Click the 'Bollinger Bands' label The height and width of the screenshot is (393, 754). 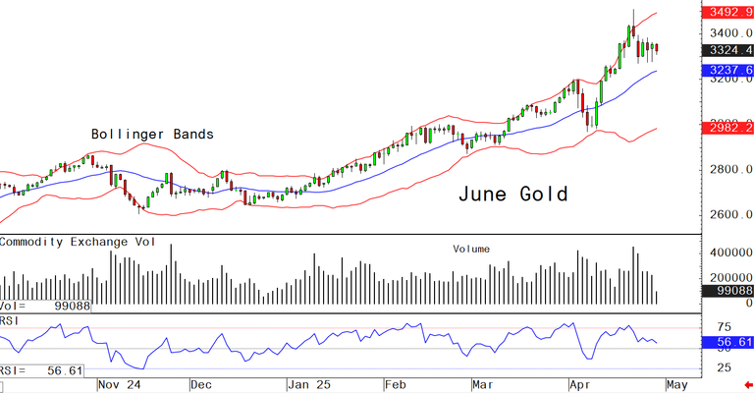pyautogui.click(x=152, y=134)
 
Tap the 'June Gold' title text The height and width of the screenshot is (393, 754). pyautogui.click(x=512, y=194)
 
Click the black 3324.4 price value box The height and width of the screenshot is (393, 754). pyautogui.click(x=727, y=50)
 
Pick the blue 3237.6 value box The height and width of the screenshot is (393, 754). pyautogui.click(x=727, y=71)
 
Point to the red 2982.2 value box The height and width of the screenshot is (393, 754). pyautogui.click(x=727, y=128)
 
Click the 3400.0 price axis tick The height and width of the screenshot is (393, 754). pyautogui.click(x=727, y=33)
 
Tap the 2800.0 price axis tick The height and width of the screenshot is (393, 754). pyautogui.click(x=727, y=170)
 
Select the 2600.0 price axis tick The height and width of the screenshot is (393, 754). pyautogui.click(x=727, y=215)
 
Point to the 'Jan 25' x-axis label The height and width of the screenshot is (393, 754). pyautogui.click(x=309, y=385)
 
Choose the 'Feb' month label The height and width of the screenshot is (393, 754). pyautogui.click(x=396, y=385)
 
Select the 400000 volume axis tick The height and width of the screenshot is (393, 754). pyautogui.click(x=727, y=253)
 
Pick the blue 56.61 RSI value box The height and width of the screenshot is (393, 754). pyautogui.click(x=727, y=343)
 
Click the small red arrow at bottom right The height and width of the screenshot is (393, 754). pyautogui.click(x=747, y=385)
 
